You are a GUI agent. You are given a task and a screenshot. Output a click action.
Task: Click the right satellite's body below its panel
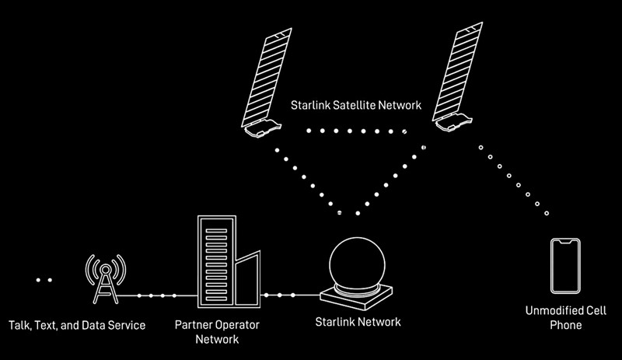(453, 121)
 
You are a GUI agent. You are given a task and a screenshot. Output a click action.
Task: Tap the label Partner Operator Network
(217, 330)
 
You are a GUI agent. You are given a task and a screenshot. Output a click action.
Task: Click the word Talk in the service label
(19, 323)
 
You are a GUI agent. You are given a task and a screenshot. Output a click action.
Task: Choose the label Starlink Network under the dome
(358, 320)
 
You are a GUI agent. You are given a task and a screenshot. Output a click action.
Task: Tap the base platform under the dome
(358, 295)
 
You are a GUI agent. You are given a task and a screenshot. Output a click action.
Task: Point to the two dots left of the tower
(43, 279)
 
